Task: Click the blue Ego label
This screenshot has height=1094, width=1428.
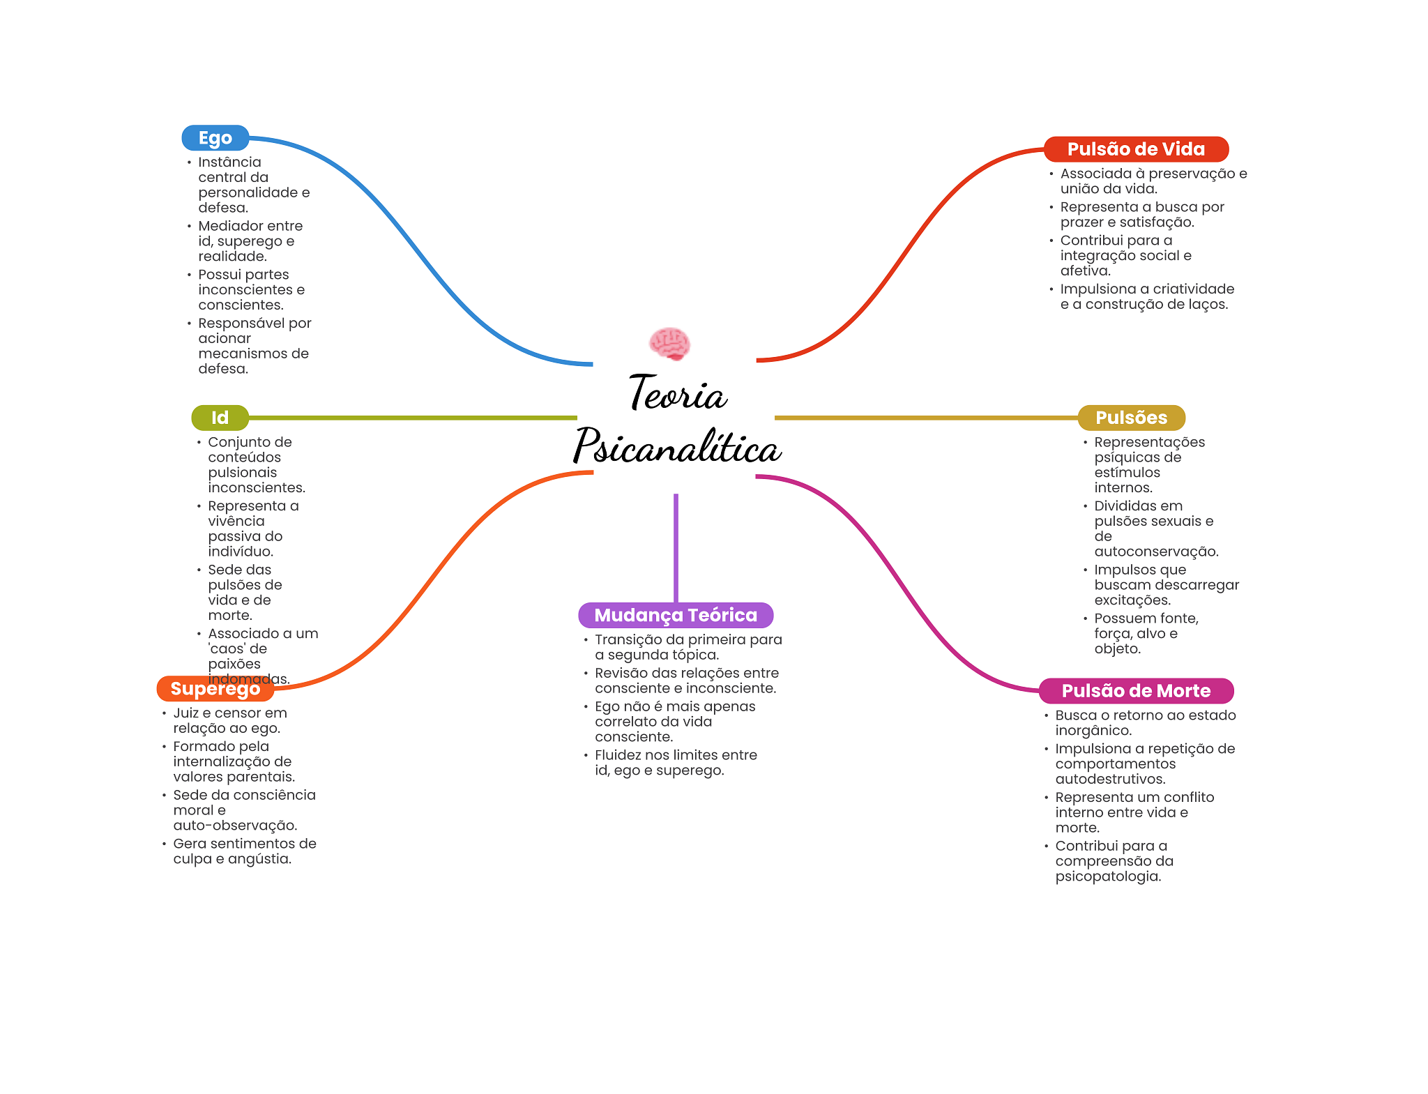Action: click(215, 138)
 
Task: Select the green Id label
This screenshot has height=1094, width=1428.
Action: click(220, 418)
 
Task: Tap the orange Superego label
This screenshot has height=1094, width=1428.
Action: click(215, 689)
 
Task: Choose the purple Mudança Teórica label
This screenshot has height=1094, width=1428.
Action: click(675, 615)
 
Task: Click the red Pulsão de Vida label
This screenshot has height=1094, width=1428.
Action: click(1135, 149)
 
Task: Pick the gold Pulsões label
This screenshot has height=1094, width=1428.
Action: click(1130, 418)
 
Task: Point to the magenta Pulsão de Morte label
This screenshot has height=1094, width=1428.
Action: click(1135, 691)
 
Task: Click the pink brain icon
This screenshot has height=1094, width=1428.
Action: click(669, 343)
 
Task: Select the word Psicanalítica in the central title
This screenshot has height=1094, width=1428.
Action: click(676, 447)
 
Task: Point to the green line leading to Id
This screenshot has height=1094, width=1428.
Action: click(411, 418)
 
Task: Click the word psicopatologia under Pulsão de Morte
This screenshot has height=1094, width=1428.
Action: click(1107, 876)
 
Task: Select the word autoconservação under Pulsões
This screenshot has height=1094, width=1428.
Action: click(1156, 552)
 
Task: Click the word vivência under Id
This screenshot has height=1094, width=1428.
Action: click(236, 522)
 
